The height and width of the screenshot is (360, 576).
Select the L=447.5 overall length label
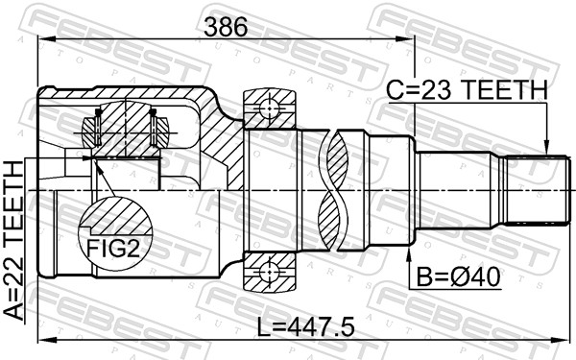coord(304,328)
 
